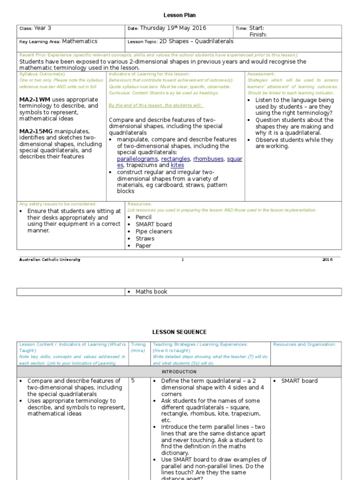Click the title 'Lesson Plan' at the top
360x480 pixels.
click(179, 15)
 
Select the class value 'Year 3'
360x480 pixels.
click(43, 28)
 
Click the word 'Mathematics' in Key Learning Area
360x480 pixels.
click(80, 41)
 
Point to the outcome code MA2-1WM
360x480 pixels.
click(35, 100)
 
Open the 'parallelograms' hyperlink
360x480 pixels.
click(137, 159)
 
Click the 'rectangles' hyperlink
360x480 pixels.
click(176, 159)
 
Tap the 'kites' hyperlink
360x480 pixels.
click(177, 165)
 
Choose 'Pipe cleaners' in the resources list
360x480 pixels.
click(154, 232)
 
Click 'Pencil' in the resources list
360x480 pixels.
click(144, 217)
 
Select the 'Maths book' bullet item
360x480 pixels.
click(151, 292)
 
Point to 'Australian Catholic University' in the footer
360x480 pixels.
click(49, 260)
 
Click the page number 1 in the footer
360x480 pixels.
click(183, 260)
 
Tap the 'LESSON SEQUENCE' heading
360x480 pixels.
click(179, 332)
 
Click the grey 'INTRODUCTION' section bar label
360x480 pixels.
click(179, 371)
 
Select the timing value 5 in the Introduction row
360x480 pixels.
click(133, 381)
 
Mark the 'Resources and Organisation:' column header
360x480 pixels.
click(305, 345)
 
